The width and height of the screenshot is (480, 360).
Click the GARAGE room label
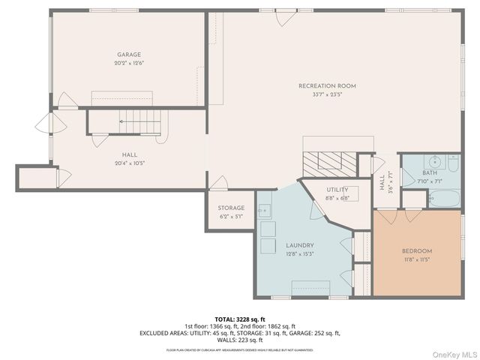pos(129,54)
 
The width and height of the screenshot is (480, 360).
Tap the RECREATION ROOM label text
pos(327,86)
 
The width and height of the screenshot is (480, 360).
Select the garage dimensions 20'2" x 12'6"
pos(129,63)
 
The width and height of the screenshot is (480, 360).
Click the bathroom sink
pos(434,160)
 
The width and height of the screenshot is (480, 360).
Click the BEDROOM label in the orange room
pos(416,251)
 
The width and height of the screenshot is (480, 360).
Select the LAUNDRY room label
pos(299,245)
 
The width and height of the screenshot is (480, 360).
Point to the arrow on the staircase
pos(130,121)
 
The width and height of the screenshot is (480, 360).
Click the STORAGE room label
pos(231,208)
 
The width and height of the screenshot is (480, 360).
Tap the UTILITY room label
pos(337,190)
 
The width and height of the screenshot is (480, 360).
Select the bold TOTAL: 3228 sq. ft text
pos(239,318)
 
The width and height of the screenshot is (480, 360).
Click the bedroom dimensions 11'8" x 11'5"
pos(416,260)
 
